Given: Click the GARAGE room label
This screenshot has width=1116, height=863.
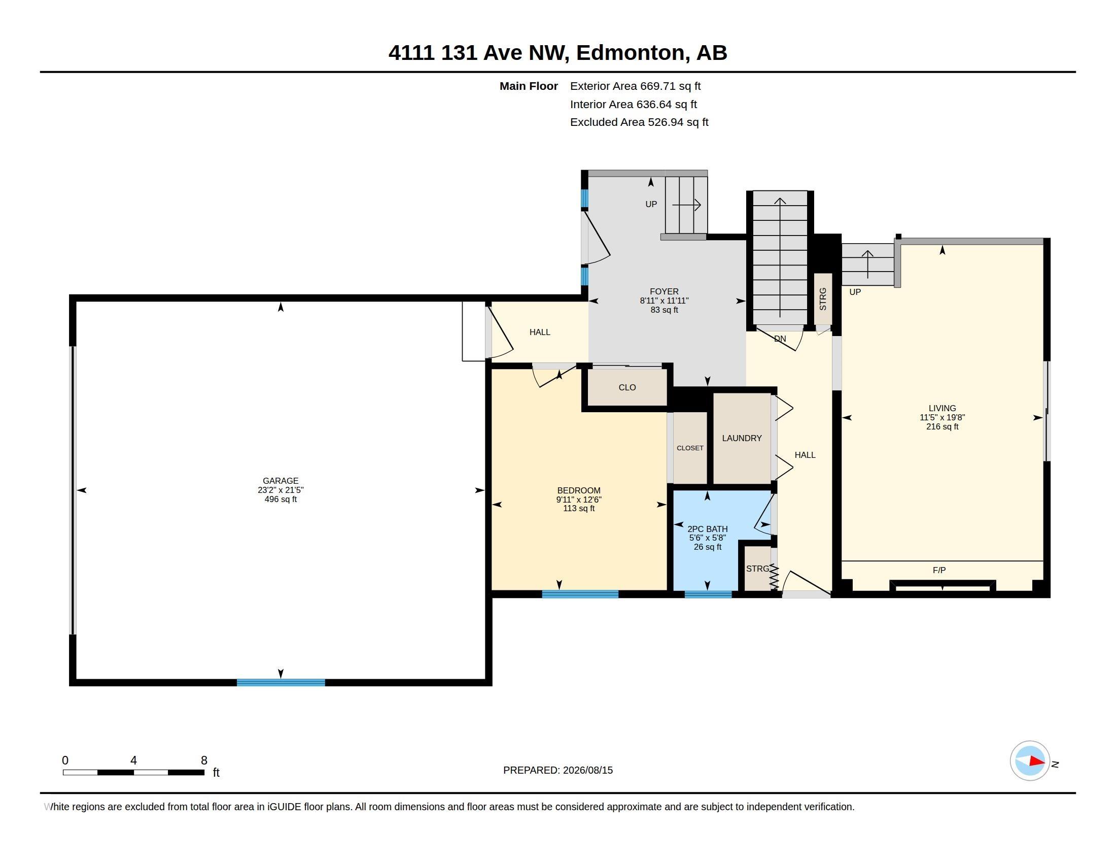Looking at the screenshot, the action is [x=281, y=481].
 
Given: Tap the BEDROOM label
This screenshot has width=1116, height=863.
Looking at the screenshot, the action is [x=578, y=490].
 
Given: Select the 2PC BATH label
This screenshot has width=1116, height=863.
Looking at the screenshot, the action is [x=707, y=529].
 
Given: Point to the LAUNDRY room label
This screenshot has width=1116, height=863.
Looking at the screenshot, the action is [x=742, y=438].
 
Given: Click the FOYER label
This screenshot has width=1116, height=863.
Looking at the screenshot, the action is [x=664, y=291].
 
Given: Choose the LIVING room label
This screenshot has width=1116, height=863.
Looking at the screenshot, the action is [x=942, y=408].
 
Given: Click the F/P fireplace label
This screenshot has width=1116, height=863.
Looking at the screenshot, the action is [x=938, y=570].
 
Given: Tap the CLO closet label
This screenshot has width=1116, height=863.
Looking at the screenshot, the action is [x=627, y=387].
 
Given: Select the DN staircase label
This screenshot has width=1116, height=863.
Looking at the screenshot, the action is [x=780, y=339].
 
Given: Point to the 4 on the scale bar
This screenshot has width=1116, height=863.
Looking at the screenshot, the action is [x=133, y=760].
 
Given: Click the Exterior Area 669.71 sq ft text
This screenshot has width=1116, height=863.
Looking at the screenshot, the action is [x=635, y=86].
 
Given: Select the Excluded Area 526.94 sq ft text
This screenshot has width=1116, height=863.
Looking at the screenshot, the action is [x=639, y=122].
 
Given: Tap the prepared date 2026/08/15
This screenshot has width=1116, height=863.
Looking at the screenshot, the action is [x=587, y=770].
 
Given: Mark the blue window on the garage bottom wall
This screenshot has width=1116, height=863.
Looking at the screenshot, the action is [x=281, y=682].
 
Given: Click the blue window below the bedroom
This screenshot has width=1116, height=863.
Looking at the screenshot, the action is [x=580, y=594].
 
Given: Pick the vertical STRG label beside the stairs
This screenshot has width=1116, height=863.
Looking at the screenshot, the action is [x=823, y=299].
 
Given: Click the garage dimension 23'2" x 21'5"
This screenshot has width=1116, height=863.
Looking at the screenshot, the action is [x=281, y=490].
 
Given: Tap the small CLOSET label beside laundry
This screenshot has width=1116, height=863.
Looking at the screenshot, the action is [x=690, y=448].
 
